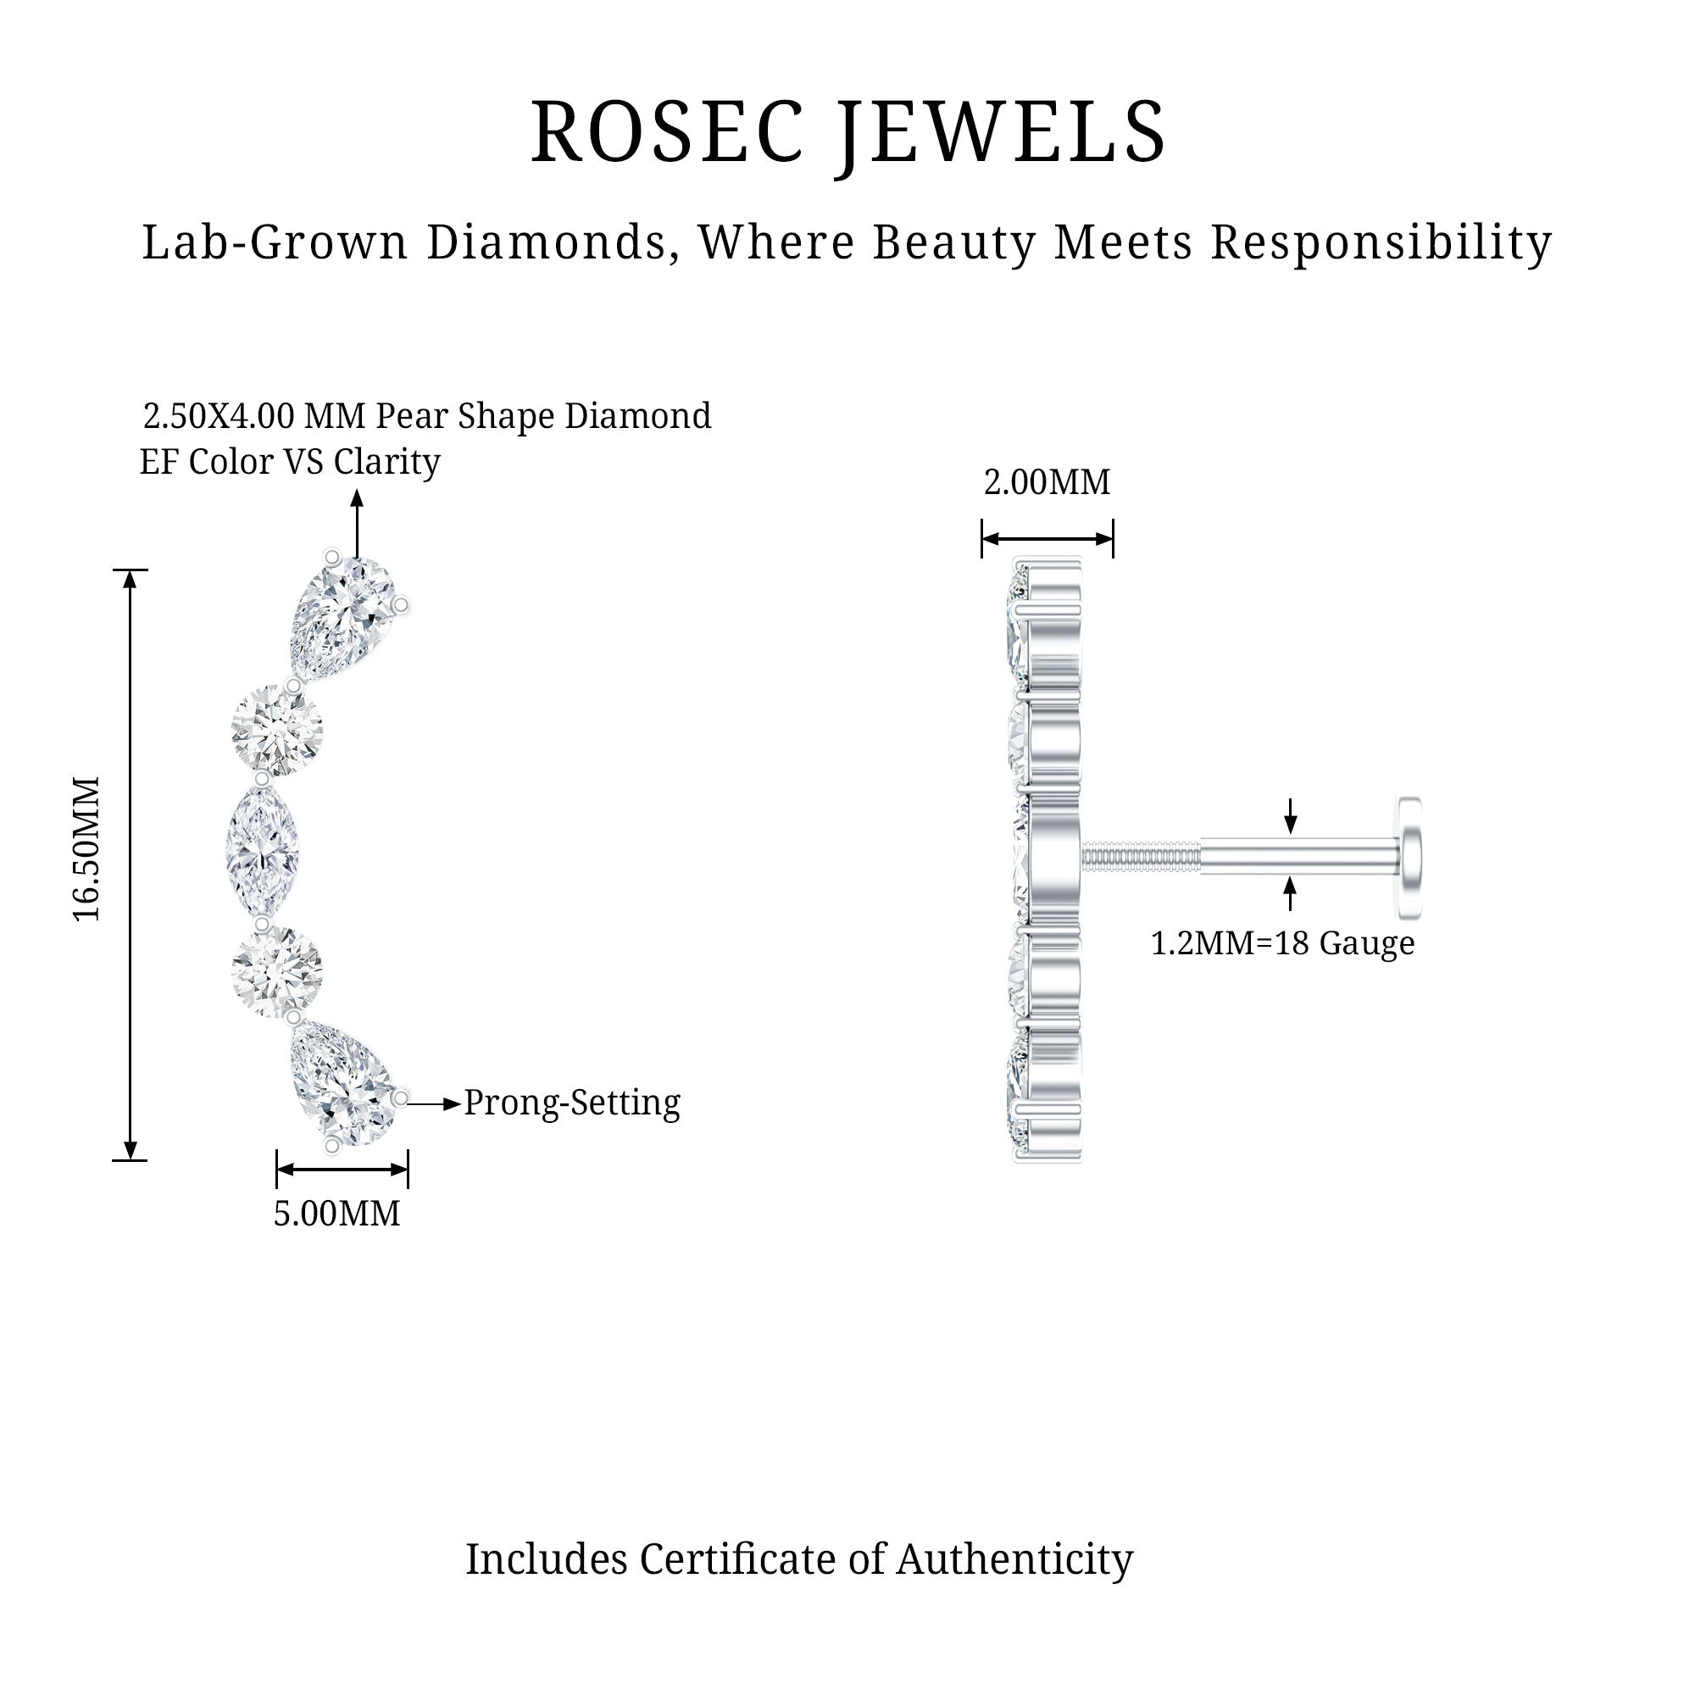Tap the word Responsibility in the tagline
coord(1381,242)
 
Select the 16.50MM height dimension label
coord(86,848)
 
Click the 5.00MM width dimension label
coord(337,1214)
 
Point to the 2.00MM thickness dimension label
coord(1047,482)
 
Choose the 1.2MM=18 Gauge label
coord(1282,943)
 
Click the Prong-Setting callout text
coord(572,1103)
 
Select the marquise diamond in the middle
coord(264,849)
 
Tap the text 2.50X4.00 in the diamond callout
coord(219,416)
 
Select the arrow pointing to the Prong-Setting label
coord(434,1103)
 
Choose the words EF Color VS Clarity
coord(290,463)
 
